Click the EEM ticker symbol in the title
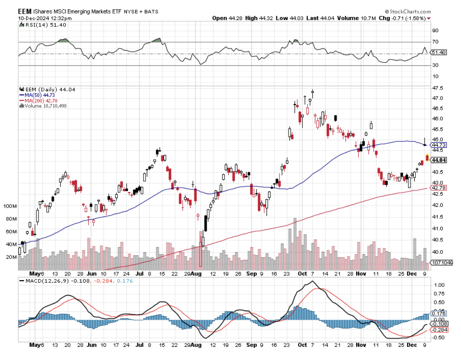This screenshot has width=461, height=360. (25, 12)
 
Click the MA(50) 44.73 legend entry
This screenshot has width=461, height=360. (37, 95)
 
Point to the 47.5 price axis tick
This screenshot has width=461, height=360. (436, 88)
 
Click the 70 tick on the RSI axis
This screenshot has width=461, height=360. (435, 42)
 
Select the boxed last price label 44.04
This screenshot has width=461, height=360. (438, 160)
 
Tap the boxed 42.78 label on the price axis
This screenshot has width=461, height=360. (438, 188)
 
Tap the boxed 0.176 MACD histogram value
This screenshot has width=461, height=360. (438, 313)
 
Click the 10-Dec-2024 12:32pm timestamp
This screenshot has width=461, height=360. (39, 18)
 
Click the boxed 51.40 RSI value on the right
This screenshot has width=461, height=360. (438, 52)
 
